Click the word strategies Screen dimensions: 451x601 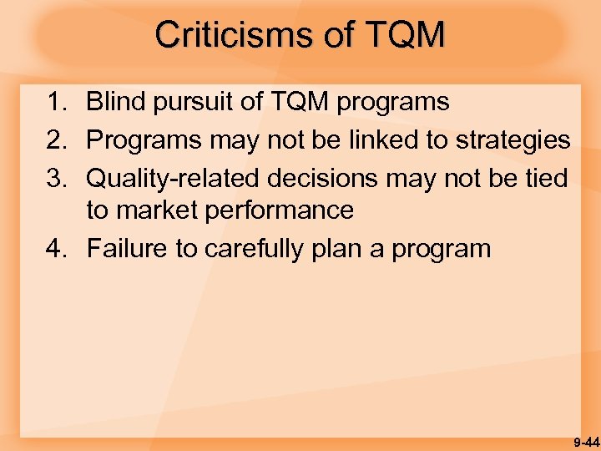click(x=513, y=139)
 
